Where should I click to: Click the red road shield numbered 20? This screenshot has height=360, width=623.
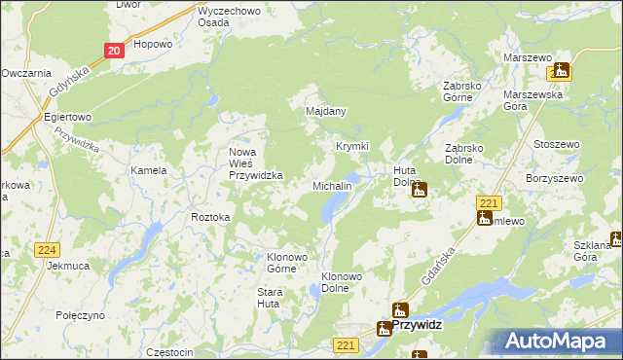pyautogui.click(x=114, y=51)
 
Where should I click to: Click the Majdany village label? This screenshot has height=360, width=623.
pyautogui.click(x=326, y=111)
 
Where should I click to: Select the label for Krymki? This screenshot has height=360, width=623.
pyautogui.click(x=352, y=146)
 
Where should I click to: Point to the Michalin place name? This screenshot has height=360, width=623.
pyautogui.click(x=331, y=185)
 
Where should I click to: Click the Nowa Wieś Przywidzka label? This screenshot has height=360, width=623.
pyautogui.click(x=255, y=163)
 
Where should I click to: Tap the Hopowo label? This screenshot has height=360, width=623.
pyautogui.click(x=153, y=44)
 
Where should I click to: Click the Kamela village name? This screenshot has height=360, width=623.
pyautogui.click(x=149, y=170)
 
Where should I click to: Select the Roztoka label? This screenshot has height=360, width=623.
pyautogui.click(x=210, y=217)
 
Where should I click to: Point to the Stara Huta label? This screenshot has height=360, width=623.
pyautogui.click(x=269, y=298)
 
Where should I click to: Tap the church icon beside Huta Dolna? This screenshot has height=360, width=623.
pyautogui.click(x=419, y=191)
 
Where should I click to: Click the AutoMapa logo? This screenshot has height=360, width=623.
pyautogui.click(x=563, y=342)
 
